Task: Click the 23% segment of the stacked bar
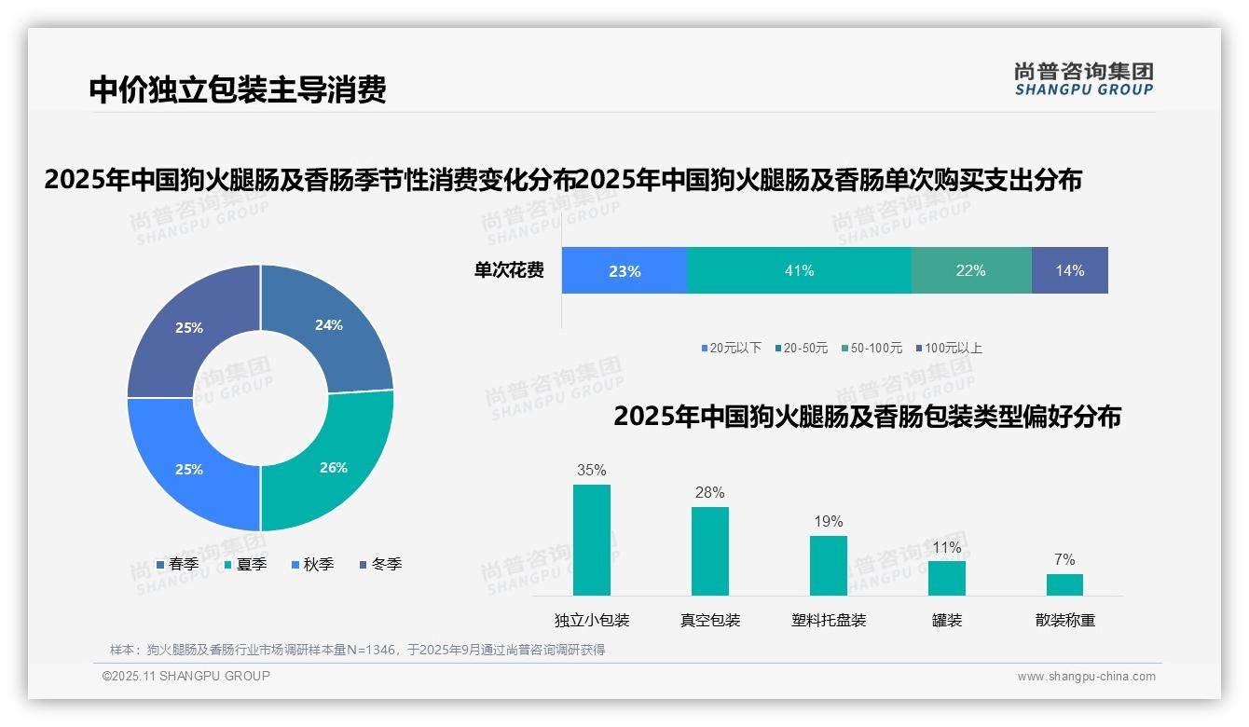(x=624, y=271)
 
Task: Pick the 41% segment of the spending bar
(x=799, y=271)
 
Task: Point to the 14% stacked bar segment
(x=1069, y=271)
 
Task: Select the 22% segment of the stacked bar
(x=970, y=271)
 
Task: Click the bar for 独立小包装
(x=592, y=540)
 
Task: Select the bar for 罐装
(x=946, y=578)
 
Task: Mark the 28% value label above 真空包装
(x=709, y=493)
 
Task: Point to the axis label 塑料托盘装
(x=829, y=621)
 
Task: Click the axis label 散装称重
(x=1064, y=621)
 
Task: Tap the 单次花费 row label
(x=509, y=271)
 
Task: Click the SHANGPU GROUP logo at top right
(x=1083, y=78)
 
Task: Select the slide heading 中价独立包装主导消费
(x=238, y=89)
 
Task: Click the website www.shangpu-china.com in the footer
(x=1086, y=677)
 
